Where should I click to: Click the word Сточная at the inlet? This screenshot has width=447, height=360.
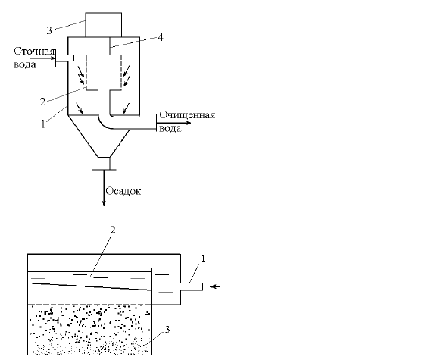(34, 52)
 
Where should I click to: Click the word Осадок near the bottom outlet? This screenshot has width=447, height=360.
(123, 191)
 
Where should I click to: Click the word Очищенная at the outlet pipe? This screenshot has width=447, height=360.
(187, 115)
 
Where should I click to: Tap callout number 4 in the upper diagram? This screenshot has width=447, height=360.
(161, 37)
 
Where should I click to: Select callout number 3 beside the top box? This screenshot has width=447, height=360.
(49, 30)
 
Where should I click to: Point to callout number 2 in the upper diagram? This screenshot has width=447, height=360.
(42, 102)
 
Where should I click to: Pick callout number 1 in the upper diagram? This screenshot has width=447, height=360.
(43, 124)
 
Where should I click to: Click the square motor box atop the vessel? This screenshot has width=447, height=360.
(104, 25)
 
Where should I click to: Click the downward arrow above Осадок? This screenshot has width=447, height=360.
(104, 188)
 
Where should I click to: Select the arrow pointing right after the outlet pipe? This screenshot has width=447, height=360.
(174, 123)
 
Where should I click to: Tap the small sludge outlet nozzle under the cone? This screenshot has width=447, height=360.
(104, 164)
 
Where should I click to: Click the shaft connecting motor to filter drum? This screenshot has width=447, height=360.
(104, 46)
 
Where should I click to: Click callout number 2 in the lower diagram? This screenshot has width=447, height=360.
(113, 230)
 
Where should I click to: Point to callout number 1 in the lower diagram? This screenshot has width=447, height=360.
(203, 258)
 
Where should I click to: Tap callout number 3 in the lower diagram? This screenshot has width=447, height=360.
(167, 329)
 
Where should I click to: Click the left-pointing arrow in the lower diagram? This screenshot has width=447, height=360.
(215, 286)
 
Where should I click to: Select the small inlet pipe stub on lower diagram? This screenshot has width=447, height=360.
(191, 286)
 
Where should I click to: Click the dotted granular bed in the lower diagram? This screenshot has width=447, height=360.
(89, 330)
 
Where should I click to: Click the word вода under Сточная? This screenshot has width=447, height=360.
(25, 64)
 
